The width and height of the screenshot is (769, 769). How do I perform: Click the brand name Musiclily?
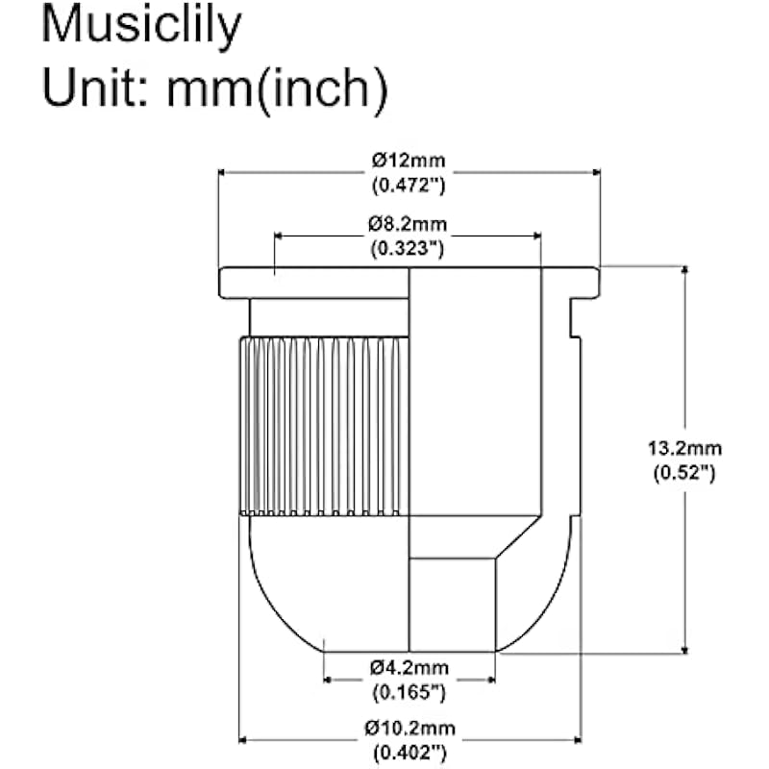click(140, 27)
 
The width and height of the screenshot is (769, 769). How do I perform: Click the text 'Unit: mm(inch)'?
click(213, 88)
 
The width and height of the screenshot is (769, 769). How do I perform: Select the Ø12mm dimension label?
click(409, 160)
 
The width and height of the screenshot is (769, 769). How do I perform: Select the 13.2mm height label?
click(684, 449)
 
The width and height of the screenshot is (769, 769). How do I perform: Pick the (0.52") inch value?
click(684, 472)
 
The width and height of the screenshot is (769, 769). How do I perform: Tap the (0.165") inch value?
click(409, 691)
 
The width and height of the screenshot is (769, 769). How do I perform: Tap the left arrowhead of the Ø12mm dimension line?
click(225, 173)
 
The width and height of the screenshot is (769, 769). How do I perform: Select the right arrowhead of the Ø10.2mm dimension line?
click(576, 740)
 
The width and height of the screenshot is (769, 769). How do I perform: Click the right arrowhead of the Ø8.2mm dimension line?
click(535, 236)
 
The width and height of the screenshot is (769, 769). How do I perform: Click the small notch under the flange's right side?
click(576, 317)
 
